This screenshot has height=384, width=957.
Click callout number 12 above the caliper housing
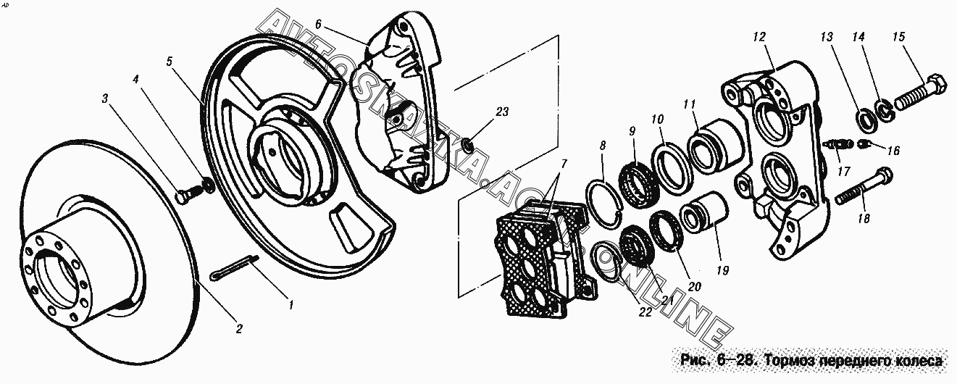click(x=759, y=37)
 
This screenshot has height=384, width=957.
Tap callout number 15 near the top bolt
click(x=899, y=37)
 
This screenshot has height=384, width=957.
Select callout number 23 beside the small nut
click(x=502, y=112)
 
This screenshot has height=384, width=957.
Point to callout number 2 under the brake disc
click(x=239, y=328)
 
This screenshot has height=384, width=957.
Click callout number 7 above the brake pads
click(x=564, y=163)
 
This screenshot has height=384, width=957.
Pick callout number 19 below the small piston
click(x=722, y=270)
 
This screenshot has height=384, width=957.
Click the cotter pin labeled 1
click(x=235, y=267)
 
